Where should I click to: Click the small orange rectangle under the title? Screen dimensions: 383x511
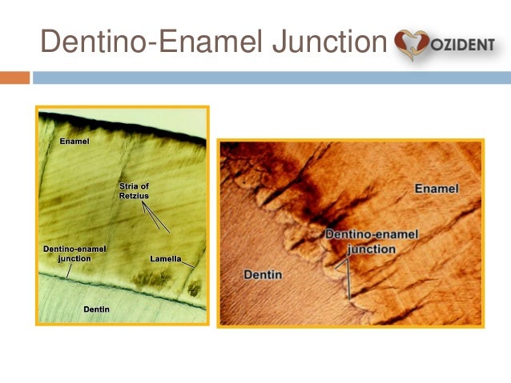coord(14,78)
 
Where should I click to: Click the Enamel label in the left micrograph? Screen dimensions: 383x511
coord(74,142)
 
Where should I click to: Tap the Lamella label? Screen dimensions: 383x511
coord(163,258)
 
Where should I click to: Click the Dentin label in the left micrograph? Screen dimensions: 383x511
coord(96,309)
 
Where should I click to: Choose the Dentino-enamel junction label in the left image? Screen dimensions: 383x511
coord(74,253)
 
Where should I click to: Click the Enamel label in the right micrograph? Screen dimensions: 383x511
coord(437,188)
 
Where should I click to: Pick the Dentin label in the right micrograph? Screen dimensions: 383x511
coord(263,275)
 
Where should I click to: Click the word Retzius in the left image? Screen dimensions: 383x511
coord(135,195)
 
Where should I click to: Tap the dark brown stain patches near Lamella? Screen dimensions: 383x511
coord(151,277)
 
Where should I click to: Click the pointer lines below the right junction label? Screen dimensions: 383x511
coord(348,276)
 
